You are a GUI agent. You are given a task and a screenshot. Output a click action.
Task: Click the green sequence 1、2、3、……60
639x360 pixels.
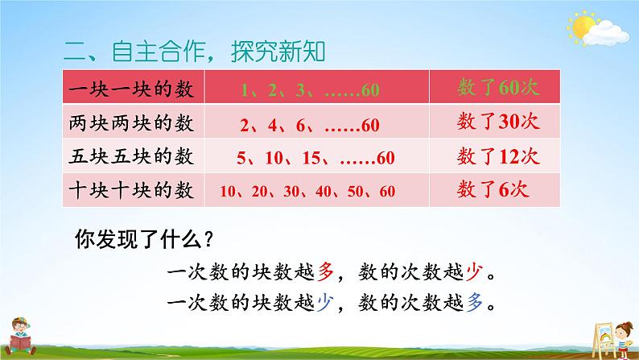click(310, 89)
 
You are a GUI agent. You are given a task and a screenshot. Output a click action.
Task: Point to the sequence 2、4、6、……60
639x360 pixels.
click(309, 126)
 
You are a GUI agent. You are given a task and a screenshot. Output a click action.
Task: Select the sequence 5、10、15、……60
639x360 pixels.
click(309, 158)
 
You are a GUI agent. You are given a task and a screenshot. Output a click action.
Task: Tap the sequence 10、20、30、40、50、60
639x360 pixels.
click(307, 192)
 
